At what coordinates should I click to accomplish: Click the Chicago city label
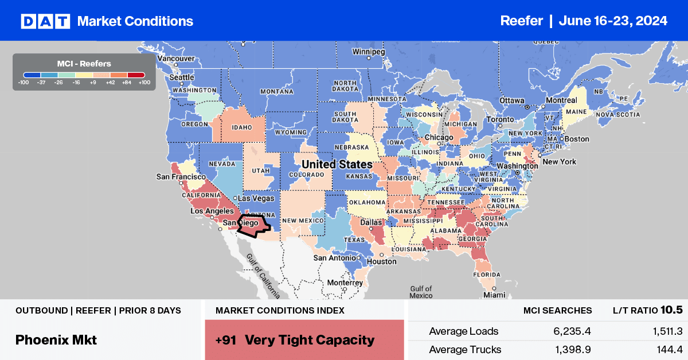click(x=439, y=138)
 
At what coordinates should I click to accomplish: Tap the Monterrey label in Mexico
click(x=345, y=283)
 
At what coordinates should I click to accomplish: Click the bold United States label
click(x=337, y=165)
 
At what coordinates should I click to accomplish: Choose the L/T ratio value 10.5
click(x=671, y=310)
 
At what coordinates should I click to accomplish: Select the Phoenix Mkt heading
click(x=56, y=339)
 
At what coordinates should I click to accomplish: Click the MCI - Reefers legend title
click(x=84, y=63)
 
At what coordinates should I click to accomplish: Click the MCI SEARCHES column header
click(x=557, y=310)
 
